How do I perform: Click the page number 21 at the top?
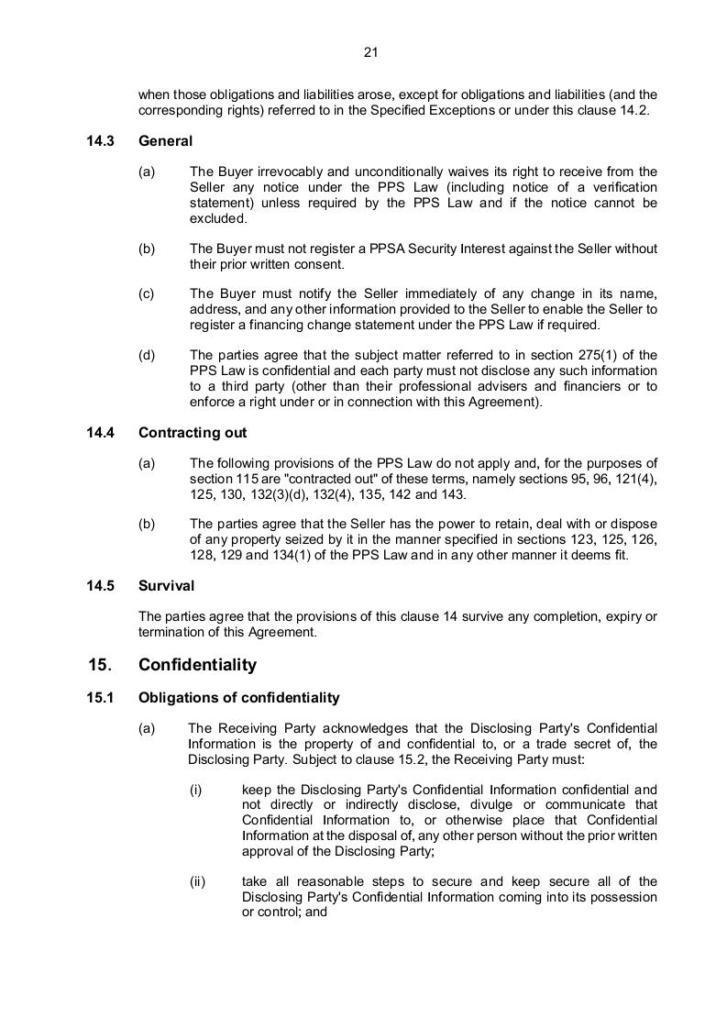[370, 52]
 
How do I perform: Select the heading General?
[165, 141]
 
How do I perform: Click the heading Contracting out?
[193, 433]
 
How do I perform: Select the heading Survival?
[166, 585]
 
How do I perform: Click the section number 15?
[99, 665]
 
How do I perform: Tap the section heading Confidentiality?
[197, 665]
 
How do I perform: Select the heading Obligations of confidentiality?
[238, 698]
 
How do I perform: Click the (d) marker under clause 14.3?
[147, 356]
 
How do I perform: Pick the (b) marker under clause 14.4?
[147, 525]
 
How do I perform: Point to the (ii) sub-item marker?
[197, 882]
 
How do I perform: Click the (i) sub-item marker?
[195, 789]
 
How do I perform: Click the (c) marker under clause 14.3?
[147, 293]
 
